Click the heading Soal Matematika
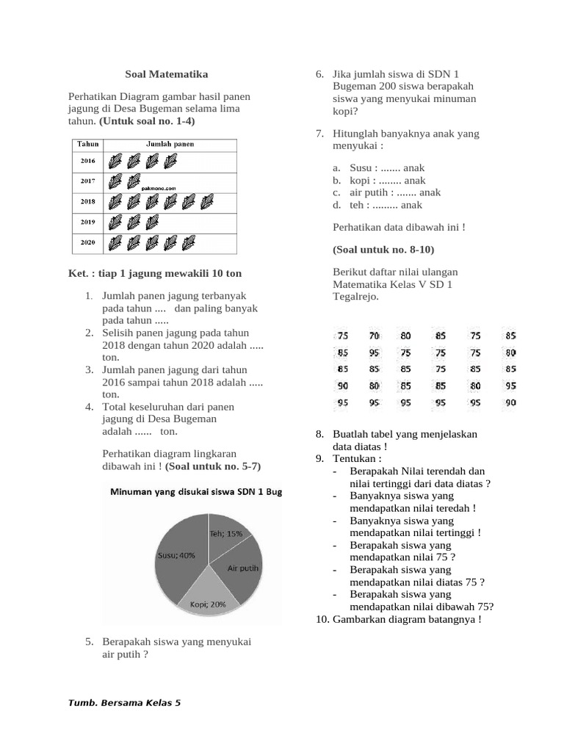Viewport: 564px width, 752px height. (x=166, y=74)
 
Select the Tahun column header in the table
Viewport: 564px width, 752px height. (x=88, y=145)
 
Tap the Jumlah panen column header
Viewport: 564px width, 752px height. (x=170, y=145)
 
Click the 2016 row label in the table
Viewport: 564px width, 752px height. (x=88, y=160)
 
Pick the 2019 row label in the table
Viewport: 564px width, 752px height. (x=88, y=220)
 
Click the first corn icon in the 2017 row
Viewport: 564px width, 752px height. (x=115, y=181)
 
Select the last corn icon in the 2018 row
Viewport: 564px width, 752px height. (x=208, y=200)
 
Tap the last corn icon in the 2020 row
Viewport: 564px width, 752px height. (x=189, y=241)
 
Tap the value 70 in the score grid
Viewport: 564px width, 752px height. (x=375, y=336)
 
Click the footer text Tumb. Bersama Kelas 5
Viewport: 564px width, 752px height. (x=124, y=703)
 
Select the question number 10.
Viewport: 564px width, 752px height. (x=322, y=619)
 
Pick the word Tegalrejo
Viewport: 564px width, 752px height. (x=355, y=296)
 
